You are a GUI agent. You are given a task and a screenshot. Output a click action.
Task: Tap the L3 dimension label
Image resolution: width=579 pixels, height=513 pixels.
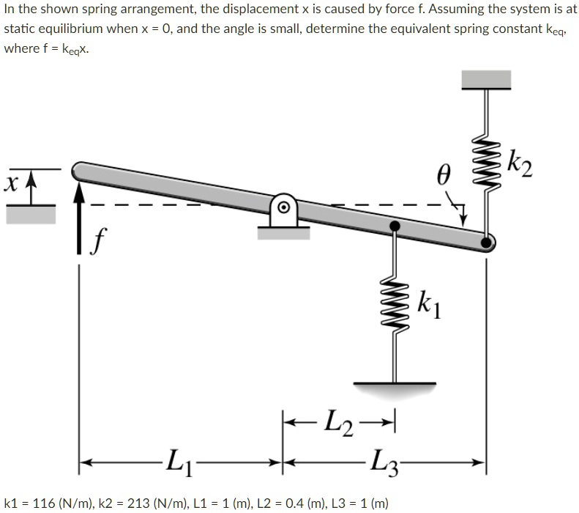pyautogui.click(x=385, y=464)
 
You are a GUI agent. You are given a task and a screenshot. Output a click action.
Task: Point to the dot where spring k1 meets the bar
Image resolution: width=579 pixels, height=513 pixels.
pyautogui.click(x=395, y=226)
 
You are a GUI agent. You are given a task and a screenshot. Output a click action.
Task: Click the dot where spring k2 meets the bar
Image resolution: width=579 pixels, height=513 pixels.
pyautogui.click(x=485, y=240)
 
